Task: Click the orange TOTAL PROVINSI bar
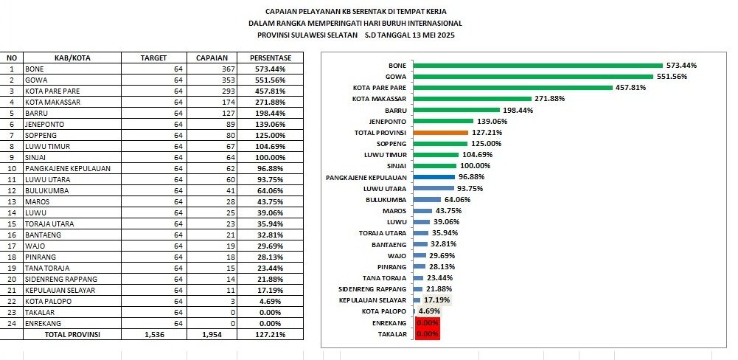click(440, 133)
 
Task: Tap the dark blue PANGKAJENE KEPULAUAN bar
click(434, 177)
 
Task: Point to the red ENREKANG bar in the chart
click(427, 322)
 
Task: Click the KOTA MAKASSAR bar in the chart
click(472, 99)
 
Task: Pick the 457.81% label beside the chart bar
click(631, 88)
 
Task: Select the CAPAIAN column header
click(215, 58)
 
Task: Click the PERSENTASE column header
click(271, 58)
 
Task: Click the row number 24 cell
click(11, 323)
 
